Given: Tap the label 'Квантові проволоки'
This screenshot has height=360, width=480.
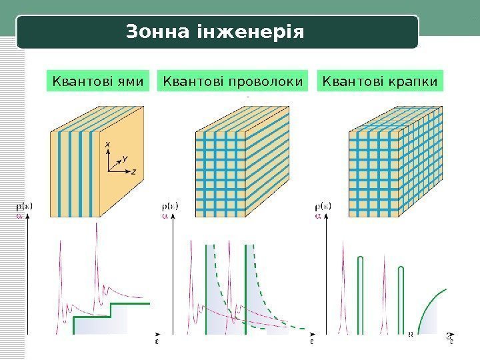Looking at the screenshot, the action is (x=233, y=81).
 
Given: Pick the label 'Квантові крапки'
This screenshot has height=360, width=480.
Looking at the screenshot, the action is (x=380, y=81).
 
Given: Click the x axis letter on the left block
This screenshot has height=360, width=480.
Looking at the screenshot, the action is (x=109, y=144).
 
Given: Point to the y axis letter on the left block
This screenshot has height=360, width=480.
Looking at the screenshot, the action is (x=125, y=159).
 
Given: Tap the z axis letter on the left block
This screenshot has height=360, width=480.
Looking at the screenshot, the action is (x=134, y=171).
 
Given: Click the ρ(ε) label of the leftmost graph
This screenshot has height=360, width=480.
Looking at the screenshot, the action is (x=25, y=207).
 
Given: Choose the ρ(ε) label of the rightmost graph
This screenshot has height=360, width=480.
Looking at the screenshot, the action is (x=323, y=207).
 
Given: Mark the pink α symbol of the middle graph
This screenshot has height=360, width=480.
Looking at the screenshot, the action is (x=165, y=215).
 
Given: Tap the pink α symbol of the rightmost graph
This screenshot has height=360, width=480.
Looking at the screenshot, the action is (x=318, y=215).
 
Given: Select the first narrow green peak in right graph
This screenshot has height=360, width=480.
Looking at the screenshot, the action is (x=361, y=293).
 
